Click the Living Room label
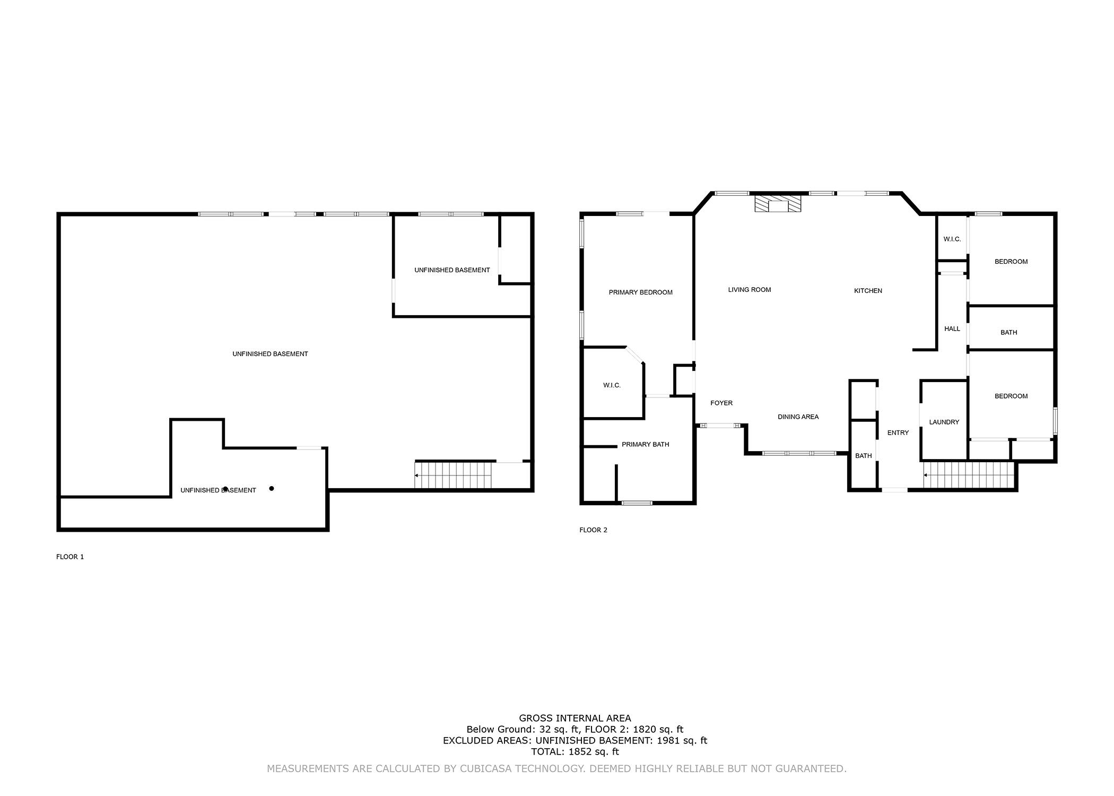coord(749,290)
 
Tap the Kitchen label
coord(868,291)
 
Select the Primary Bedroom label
coord(640,292)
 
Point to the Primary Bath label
coord(645,444)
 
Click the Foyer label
coord(721,403)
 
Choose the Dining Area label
coord(798,417)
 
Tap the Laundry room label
coord(944,422)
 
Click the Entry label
coord(898,433)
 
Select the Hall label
coord(952,329)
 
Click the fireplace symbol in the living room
coord(778,204)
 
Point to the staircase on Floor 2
coord(969,475)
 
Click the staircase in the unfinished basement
coord(454,475)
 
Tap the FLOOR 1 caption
coord(70,557)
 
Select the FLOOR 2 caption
coord(593,530)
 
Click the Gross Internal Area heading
coord(575,719)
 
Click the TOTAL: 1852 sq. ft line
coord(575,752)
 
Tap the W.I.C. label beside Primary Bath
coord(612,385)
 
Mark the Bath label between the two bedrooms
coord(1008,333)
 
